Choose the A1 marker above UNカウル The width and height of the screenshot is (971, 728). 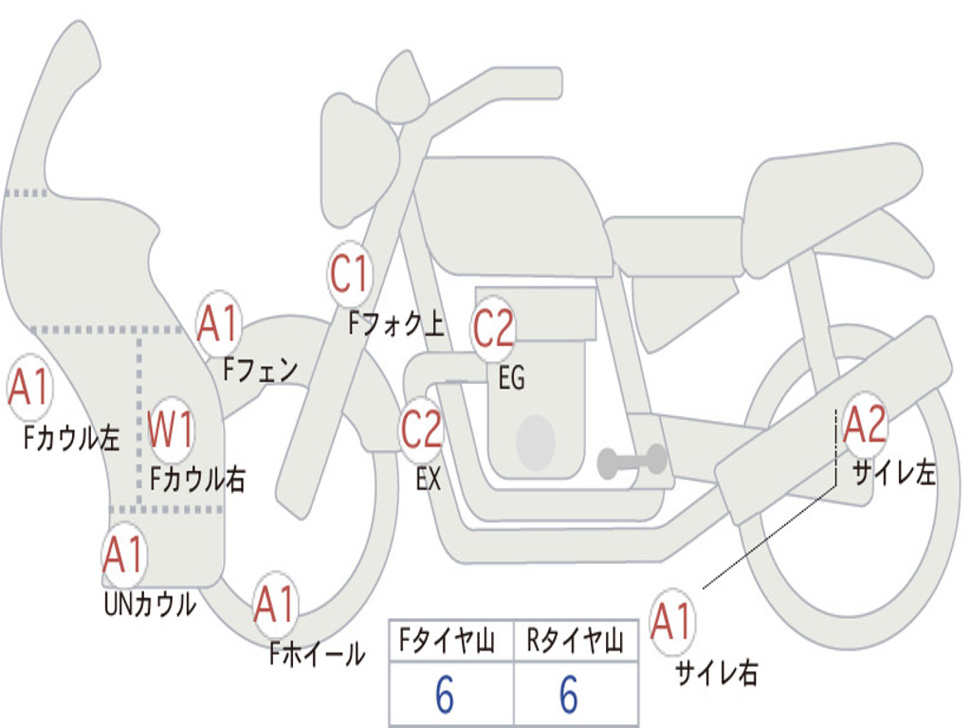tap(123, 555)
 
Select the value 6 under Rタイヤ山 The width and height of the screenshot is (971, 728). tap(569, 696)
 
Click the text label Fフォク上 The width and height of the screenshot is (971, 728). tap(395, 325)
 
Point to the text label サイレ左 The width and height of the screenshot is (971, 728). tap(893, 472)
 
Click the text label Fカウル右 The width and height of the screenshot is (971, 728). tap(198, 479)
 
